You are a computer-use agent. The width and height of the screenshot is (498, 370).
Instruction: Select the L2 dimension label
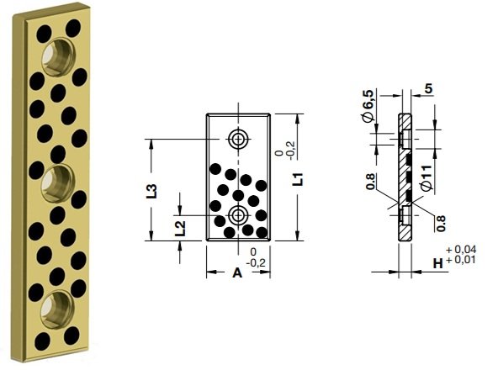(x=179, y=229)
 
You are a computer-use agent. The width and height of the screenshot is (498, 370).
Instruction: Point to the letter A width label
(x=237, y=272)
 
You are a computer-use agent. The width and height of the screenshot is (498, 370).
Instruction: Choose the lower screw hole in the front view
(x=238, y=215)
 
